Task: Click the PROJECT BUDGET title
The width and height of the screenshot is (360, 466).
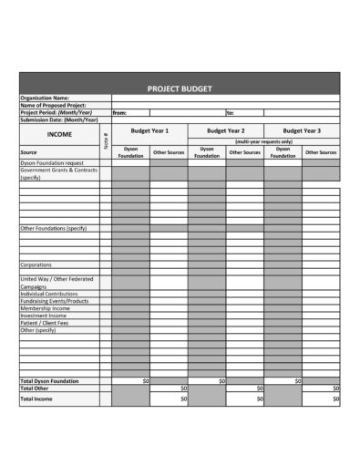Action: [180, 88]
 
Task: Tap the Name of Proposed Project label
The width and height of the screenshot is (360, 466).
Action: [52, 105]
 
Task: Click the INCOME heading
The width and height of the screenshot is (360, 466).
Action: [59, 134]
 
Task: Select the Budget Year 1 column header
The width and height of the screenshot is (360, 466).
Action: [149, 131]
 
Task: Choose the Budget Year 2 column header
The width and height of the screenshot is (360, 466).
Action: [225, 131]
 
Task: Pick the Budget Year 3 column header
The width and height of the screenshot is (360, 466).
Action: [302, 131]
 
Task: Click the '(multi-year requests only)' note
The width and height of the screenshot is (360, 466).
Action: [263, 142]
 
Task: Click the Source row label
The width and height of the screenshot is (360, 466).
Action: [28, 152]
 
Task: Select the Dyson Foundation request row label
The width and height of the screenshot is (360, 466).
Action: [51, 161]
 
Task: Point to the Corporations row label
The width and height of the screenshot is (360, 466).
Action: [36, 265]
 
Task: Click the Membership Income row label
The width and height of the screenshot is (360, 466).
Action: [45, 308]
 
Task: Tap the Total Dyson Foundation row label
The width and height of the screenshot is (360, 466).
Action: [50, 380]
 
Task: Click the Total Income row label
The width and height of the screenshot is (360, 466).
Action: [36, 399]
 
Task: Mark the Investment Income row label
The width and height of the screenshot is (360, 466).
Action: [45, 316]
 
